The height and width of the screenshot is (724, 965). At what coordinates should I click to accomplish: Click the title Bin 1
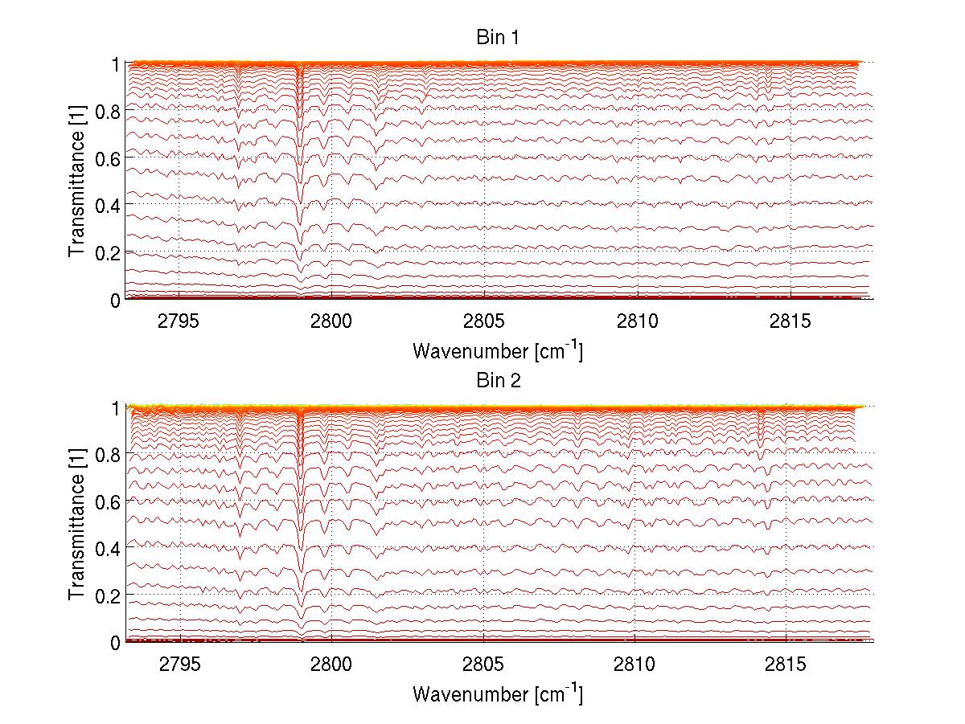(x=499, y=38)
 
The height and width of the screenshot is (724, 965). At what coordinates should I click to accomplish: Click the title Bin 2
(x=499, y=381)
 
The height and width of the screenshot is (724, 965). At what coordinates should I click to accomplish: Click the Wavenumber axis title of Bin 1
(x=498, y=350)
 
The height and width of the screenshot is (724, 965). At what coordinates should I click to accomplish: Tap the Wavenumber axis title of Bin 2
(x=498, y=693)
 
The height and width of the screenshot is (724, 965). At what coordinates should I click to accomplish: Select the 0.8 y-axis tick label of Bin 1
(x=109, y=111)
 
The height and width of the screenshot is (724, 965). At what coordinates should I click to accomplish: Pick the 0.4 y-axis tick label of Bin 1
(x=109, y=206)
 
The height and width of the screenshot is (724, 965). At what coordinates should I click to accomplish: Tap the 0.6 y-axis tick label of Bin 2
(x=109, y=501)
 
